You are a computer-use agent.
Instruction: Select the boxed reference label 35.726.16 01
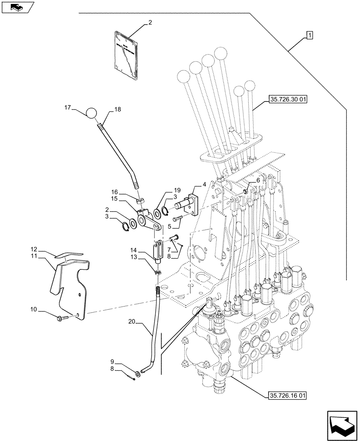pyautogui.click(x=288, y=394)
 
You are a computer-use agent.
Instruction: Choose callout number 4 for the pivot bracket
pyautogui.click(x=204, y=184)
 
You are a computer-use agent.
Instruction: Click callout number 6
pyautogui.click(x=258, y=181)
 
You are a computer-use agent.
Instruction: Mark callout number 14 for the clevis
pyautogui.click(x=134, y=250)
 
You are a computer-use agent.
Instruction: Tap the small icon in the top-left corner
pyautogui.click(x=17, y=7)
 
